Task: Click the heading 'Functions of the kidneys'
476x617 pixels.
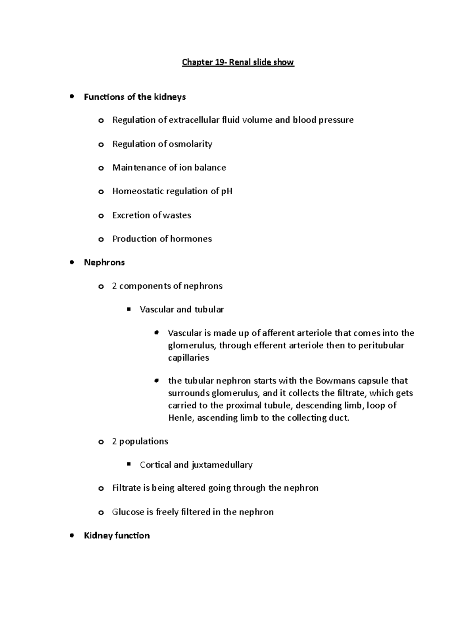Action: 135,97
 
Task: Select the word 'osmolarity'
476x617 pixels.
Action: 190,144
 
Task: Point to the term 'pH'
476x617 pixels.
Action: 226,191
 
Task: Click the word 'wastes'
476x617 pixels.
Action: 177,215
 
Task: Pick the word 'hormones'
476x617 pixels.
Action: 191,239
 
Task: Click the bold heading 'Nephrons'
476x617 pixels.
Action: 104,263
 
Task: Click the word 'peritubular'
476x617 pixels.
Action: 381,345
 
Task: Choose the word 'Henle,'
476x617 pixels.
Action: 181,418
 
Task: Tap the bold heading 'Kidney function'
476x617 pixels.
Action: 117,536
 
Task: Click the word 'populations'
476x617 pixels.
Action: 144,441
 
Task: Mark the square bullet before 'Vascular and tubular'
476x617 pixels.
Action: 129,309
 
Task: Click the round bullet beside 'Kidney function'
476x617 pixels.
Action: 72,536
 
